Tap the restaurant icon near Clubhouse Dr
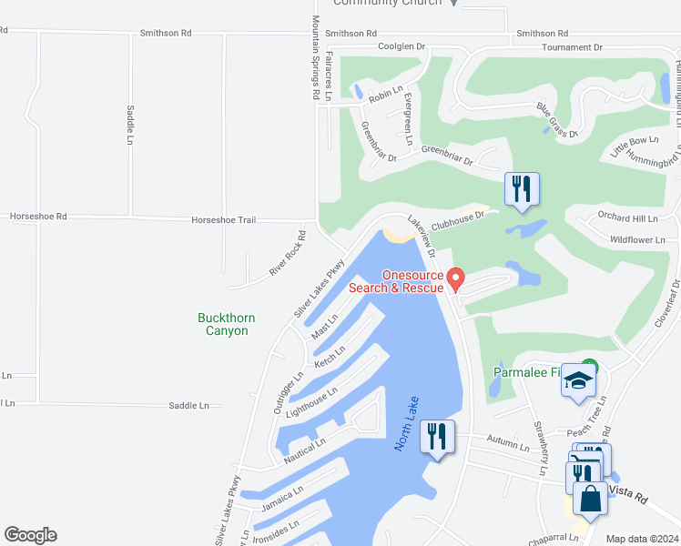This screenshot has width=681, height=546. (x=522, y=189)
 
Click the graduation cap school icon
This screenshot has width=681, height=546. (x=577, y=382)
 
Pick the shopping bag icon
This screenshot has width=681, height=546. (x=590, y=500)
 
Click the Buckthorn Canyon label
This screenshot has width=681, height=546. (x=227, y=324)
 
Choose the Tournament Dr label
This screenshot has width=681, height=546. (x=572, y=46)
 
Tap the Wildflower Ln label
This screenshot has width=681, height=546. (x=637, y=239)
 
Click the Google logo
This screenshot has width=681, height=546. (x=30, y=535)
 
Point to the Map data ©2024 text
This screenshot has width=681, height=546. (x=642, y=539)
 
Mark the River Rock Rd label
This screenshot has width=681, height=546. (x=288, y=254)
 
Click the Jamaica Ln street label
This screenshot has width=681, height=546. (x=281, y=498)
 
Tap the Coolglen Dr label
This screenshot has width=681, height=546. (x=401, y=46)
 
